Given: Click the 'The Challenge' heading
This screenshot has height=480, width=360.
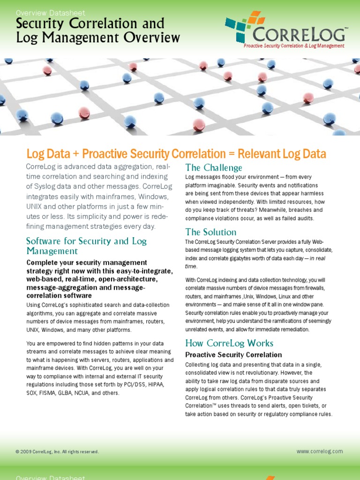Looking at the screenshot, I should click(214, 168).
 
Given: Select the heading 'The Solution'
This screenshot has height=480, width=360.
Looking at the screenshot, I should click(211, 232).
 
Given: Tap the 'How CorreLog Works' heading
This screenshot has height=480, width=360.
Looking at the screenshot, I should click(229, 343).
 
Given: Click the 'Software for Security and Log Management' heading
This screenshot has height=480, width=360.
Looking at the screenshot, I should click(86, 246).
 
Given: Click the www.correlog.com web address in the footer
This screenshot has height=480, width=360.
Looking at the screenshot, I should click(320, 451).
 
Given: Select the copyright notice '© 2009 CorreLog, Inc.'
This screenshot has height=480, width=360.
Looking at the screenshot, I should click(57, 452).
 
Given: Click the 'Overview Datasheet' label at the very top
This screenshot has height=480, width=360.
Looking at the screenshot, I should click(51, 13).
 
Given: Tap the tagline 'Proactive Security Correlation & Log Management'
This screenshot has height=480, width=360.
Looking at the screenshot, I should click(294, 46).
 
